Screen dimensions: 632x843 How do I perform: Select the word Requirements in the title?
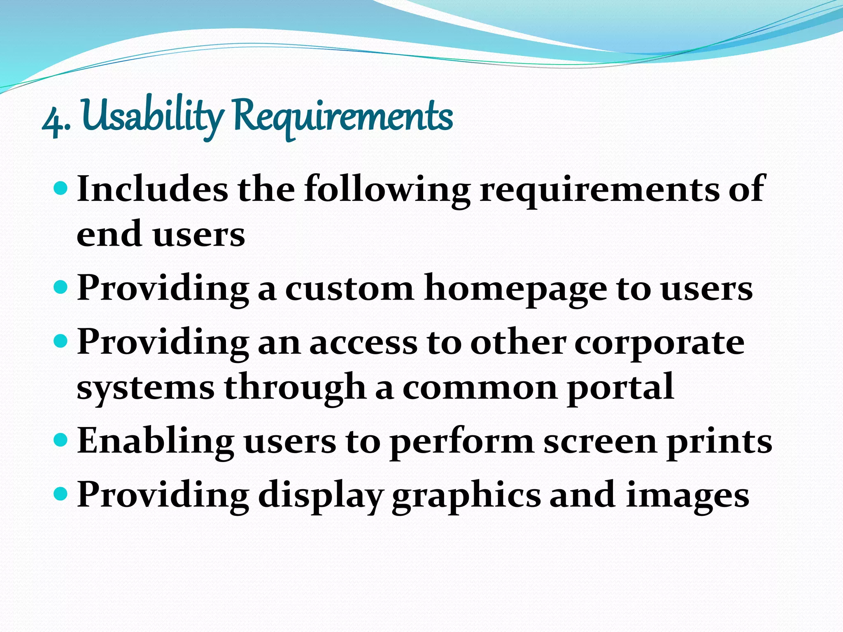pyautogui.click(x=343, y=117)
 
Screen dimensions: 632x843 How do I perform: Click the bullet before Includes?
pyautogui.click(x=60, y=188)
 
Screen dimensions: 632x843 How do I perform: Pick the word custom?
pyautogui.click(x=349, y=288)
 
